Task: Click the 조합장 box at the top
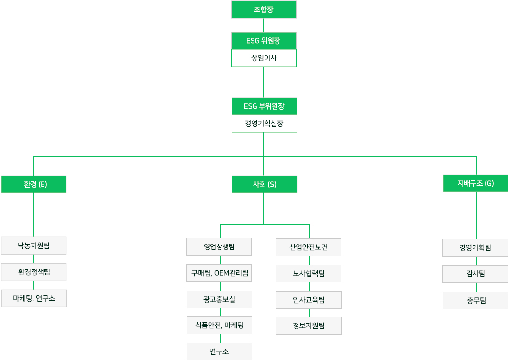(x=264, y=10)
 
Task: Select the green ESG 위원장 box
(x=264, y=41)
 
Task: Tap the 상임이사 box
(x=264, y=58)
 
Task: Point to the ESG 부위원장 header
(x=264, y=106)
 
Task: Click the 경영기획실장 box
(x=264, y=124)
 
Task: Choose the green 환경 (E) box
(x=33, y=184)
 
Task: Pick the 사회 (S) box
(x=264, y=184)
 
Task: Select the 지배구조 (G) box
(x=475, y=183)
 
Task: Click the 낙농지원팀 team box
(x=33, y=246)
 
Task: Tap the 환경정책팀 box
(x=33, y=272)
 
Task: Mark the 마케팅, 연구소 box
(x=34, y=298)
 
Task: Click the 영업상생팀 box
(x=219, y=247)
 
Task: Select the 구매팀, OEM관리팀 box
(x=219, y=273)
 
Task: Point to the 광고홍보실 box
(x=219, y=300)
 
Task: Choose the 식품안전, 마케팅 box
(x=219, y=326)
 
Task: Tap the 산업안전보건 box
(x=309, y=247)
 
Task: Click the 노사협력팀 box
(x=309, y=273)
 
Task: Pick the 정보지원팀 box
(x=309, y=326)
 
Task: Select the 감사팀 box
(x=475, y=274)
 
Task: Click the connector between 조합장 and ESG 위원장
(x=264, y=25)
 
